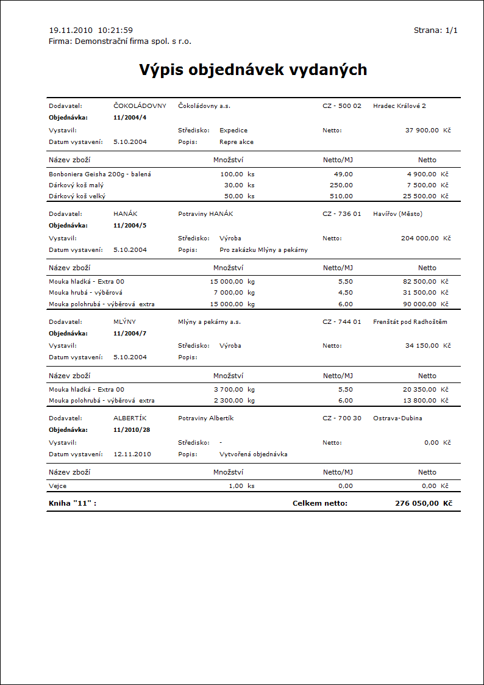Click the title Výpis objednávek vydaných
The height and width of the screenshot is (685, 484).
pos(253,70)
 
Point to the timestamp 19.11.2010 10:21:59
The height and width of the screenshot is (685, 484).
pos(91,30)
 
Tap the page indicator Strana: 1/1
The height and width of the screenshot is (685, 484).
pos(435,30)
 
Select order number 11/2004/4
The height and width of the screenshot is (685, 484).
pos(130,117)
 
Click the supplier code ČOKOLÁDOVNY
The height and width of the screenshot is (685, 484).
pos(140,106)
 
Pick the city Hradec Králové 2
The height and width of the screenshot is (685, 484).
pos(399,106)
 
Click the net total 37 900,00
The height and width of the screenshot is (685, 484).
pos(422,131)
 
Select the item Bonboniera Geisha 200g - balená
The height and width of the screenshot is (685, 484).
pos(100,174)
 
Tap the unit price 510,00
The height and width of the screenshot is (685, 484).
pos(341,196)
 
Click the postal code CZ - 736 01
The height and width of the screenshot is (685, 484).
pos(342,214)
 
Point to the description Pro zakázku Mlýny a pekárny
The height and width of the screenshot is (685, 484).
pos(263,250)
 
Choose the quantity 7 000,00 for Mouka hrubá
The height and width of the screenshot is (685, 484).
pos(227,293)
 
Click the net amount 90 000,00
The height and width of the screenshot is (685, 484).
pos(419,304)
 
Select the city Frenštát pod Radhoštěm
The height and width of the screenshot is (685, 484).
pos(410,322)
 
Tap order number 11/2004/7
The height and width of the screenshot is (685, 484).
pos(130,334)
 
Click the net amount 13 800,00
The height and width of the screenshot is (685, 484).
pos(419,401)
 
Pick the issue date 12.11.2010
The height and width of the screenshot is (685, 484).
pos(132,454)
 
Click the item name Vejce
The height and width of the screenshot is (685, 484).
pos(58,486)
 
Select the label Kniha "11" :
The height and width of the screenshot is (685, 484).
pos(73,503)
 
